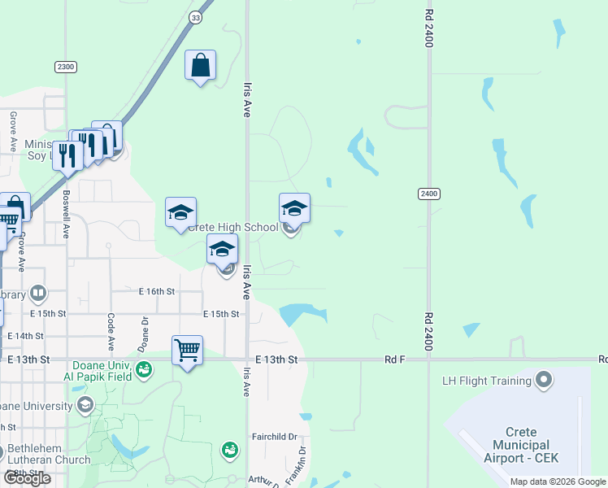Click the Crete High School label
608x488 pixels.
[x=232, y=227]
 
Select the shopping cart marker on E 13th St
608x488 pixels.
[x=188, y=351]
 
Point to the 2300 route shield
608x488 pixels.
[x=66, y=67]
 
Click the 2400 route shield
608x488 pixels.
[x=429, y=194]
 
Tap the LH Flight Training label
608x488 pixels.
[x=486, y=380]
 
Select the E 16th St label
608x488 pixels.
[x=157, y=290]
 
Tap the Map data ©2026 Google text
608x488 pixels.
[x=558, y=481]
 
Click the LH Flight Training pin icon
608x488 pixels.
[x=544, y=379]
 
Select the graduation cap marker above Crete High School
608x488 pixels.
[x=294, y=208]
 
